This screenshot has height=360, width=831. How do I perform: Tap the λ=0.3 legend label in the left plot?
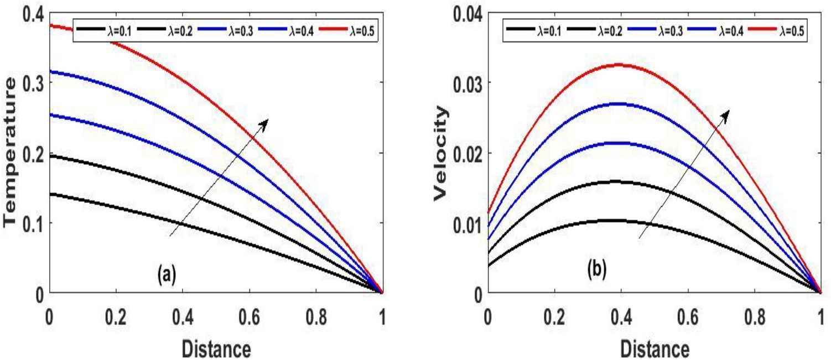[x=227, y=28]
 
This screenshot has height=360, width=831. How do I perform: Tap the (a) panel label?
[x=167, y=273]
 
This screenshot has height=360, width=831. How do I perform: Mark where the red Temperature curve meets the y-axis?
[x=50, y=25]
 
